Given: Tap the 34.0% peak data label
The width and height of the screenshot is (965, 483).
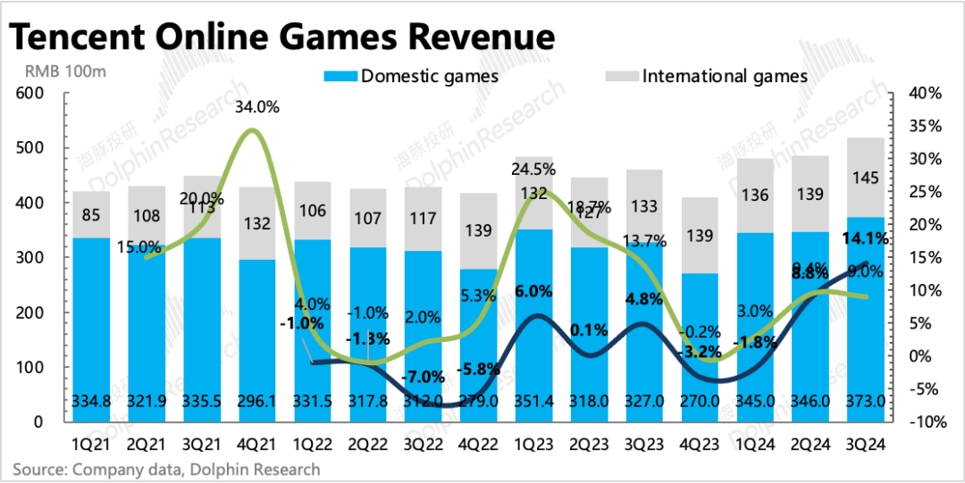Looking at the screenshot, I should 257,108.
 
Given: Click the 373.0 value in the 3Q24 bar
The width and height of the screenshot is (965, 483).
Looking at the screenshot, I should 865,403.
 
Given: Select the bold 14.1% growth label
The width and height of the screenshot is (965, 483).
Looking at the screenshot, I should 864,238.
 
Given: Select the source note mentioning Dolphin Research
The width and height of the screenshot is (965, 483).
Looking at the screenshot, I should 165,469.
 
